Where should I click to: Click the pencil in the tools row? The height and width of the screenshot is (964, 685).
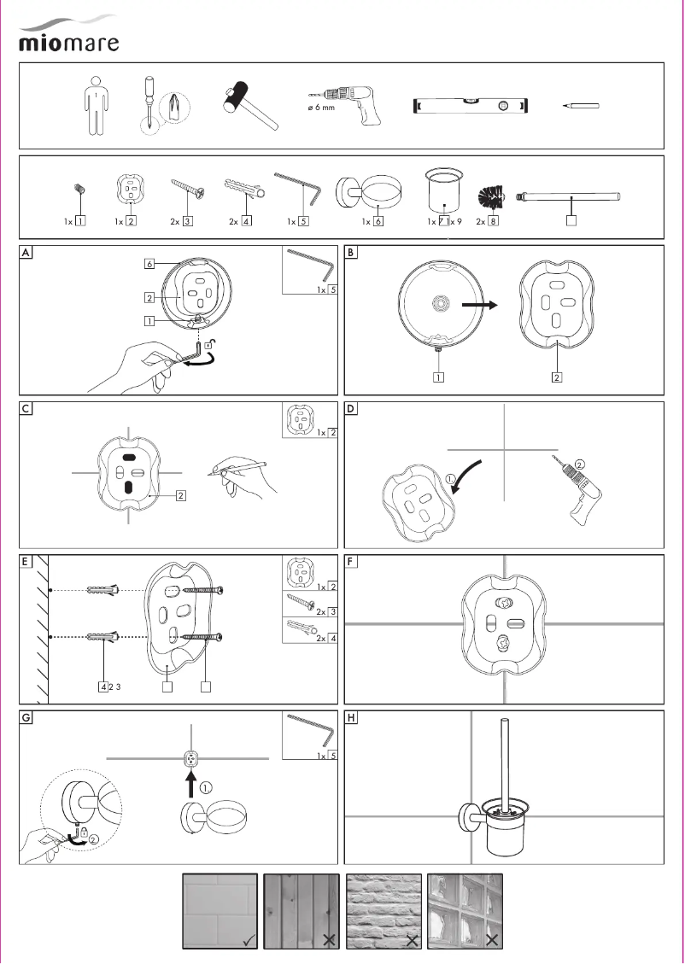[581, 106]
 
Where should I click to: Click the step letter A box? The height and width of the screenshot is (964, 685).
[28, 254]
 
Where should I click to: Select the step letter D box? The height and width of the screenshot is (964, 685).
[352, 409]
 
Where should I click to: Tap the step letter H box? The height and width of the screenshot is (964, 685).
[352, 719]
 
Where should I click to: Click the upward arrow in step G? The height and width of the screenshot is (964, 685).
[191, 782]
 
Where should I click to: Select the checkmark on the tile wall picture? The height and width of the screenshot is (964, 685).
[247, 939]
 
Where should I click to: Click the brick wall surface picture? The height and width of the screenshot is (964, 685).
[384, 910]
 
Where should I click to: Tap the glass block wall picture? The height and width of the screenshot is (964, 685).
[465, 910]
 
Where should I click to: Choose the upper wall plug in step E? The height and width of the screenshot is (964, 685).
[105, 589]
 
